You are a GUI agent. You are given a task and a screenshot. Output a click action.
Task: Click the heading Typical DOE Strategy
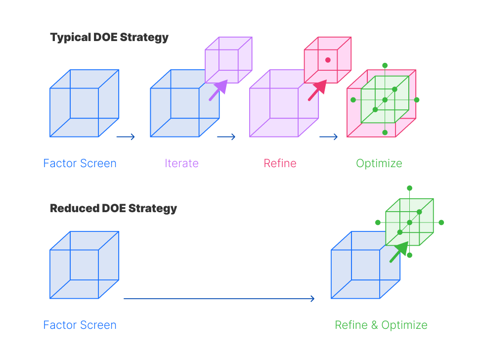[109, 38]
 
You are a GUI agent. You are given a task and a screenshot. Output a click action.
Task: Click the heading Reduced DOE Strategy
[113, 208]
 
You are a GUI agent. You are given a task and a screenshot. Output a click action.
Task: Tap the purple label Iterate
[181, 163]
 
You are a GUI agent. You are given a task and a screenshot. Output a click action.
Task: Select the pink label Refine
[280, 163]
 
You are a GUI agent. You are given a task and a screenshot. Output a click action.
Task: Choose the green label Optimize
[379, 163]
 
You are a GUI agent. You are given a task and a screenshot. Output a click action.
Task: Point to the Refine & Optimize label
[381, 325]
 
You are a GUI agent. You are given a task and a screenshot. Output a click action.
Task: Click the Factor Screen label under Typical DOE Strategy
[80, 163]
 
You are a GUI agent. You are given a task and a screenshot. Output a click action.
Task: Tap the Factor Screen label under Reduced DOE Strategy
[80, 325]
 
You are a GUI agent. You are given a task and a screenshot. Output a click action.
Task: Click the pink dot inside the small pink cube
[328, 60]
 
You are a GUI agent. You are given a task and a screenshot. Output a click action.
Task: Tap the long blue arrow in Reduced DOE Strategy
[219, 299]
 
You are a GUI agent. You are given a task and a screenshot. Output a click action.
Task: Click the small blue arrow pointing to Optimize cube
[328, 137]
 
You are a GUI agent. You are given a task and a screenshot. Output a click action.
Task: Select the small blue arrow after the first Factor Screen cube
[126, 137]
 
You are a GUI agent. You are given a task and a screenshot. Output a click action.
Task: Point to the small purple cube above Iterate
[228, 60]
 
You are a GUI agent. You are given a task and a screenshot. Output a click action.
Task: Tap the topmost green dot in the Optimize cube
[385, 65]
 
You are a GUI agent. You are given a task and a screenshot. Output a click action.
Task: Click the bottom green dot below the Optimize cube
[385, 133]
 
